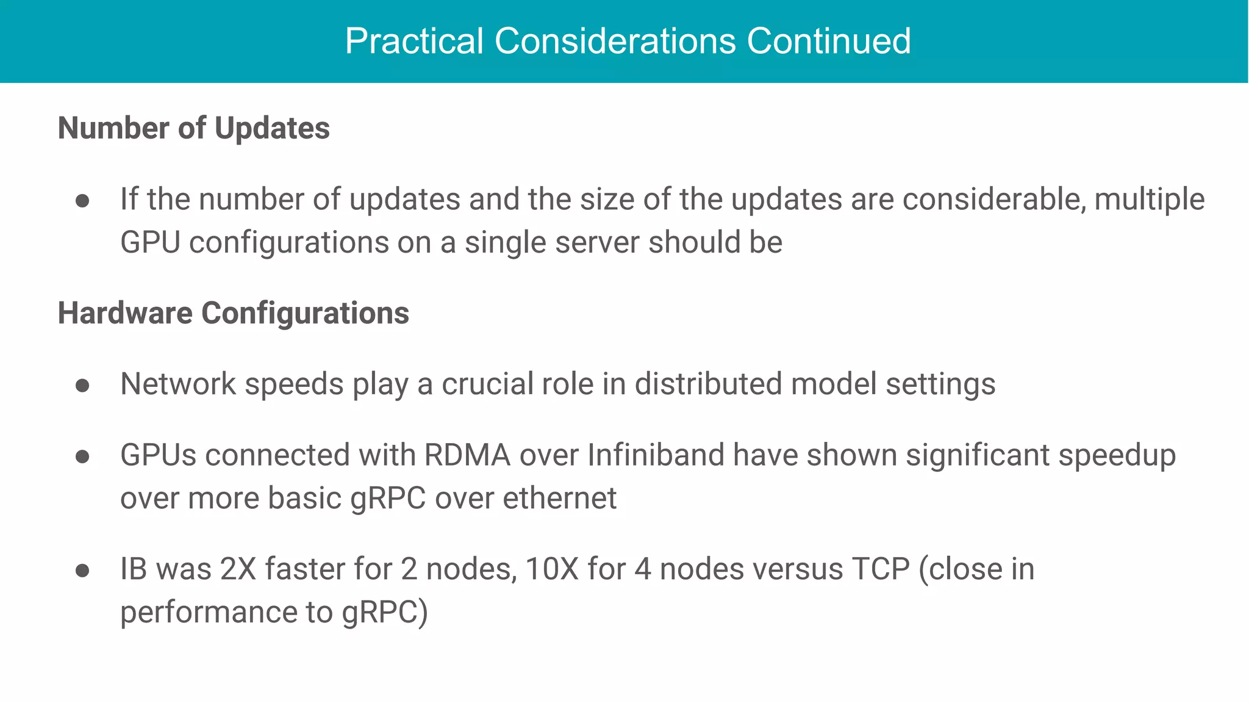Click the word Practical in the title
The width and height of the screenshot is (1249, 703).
(414, 41)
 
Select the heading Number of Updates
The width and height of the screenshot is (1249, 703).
(193, 128)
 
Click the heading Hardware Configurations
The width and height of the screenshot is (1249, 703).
(233, 313)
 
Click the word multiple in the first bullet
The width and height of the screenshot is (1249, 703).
(1150, 200)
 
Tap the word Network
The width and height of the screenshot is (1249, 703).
(178, 384)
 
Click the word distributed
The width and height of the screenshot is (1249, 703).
(708, 384)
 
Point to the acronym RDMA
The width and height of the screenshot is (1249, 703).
(467, 455)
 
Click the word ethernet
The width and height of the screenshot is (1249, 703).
(559, 498)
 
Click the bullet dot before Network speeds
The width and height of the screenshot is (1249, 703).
(82, 385)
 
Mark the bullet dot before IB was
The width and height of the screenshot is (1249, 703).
(82, 571)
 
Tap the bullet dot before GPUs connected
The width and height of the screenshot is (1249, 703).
(82, 456)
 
